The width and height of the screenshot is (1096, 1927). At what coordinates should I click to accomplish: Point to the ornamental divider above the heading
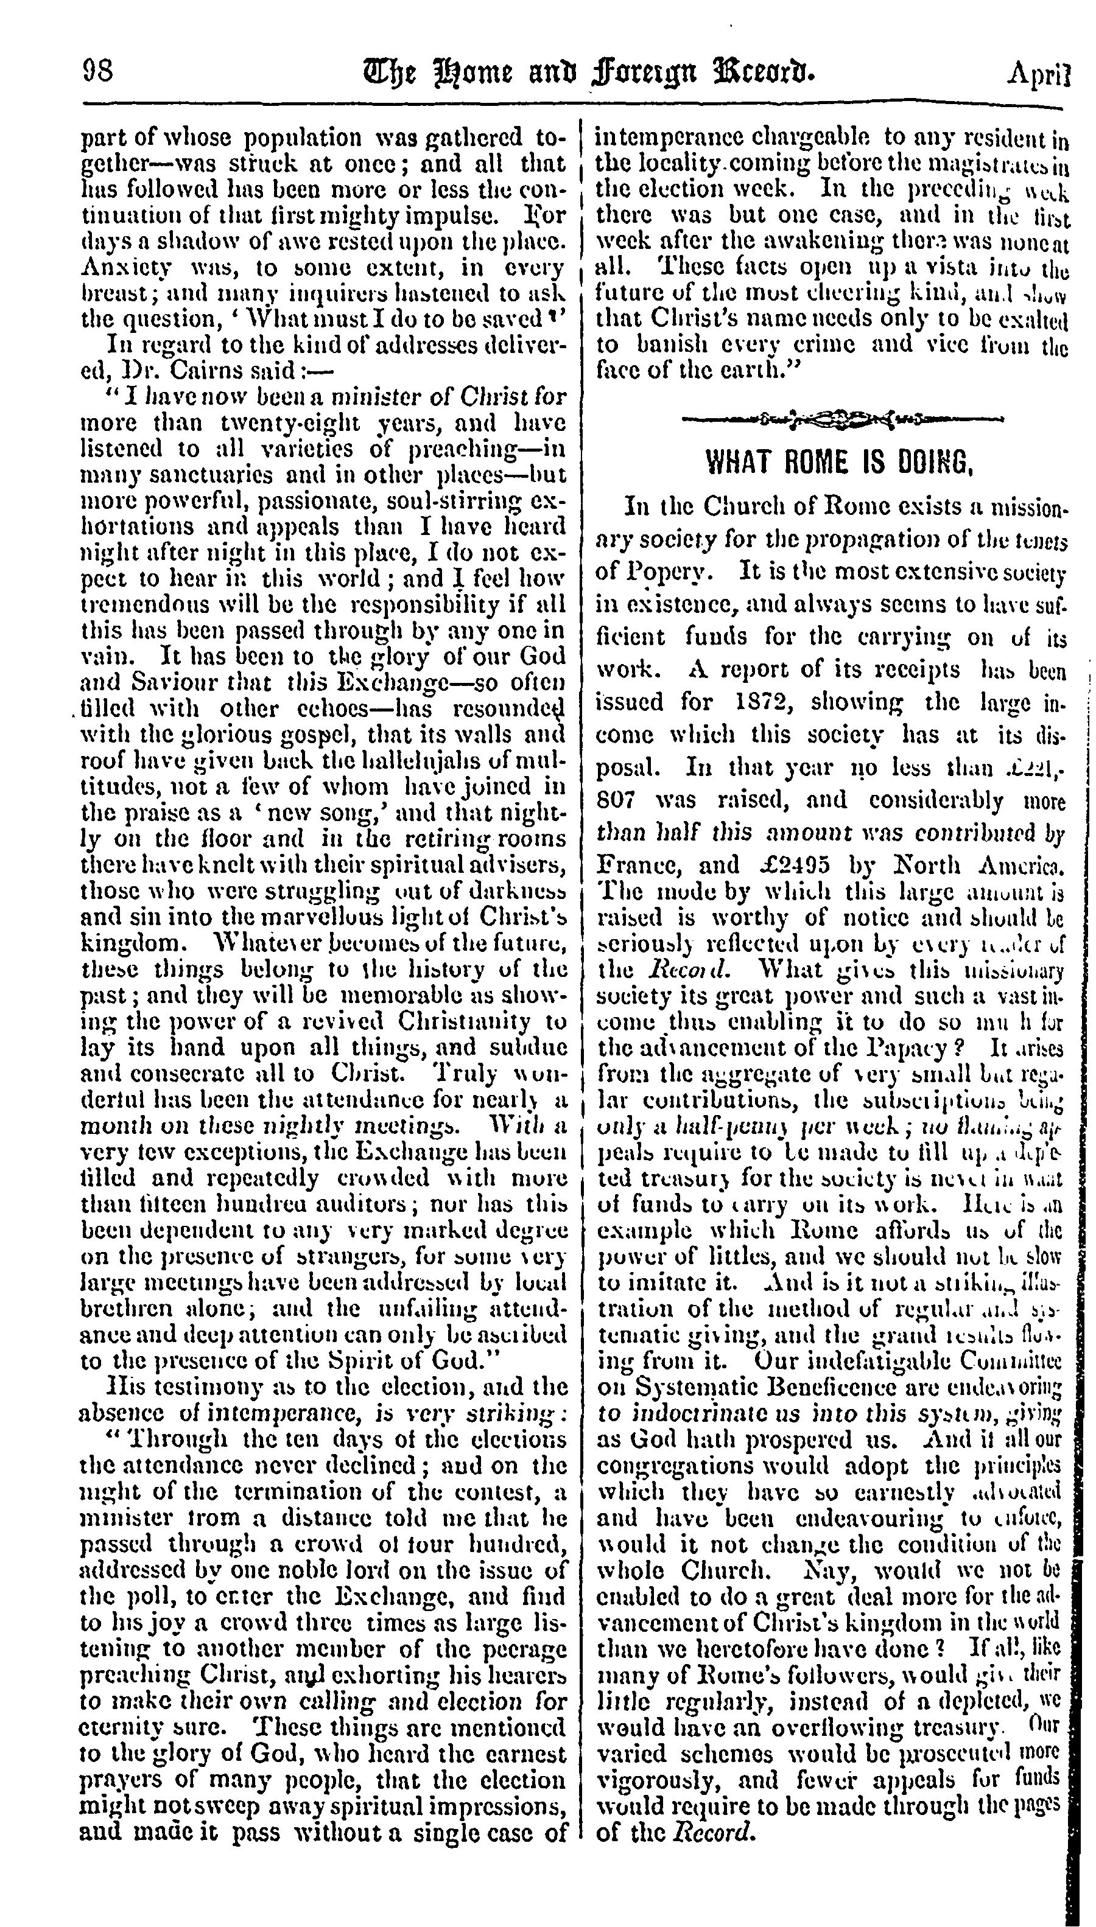[x=841, y=417]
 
